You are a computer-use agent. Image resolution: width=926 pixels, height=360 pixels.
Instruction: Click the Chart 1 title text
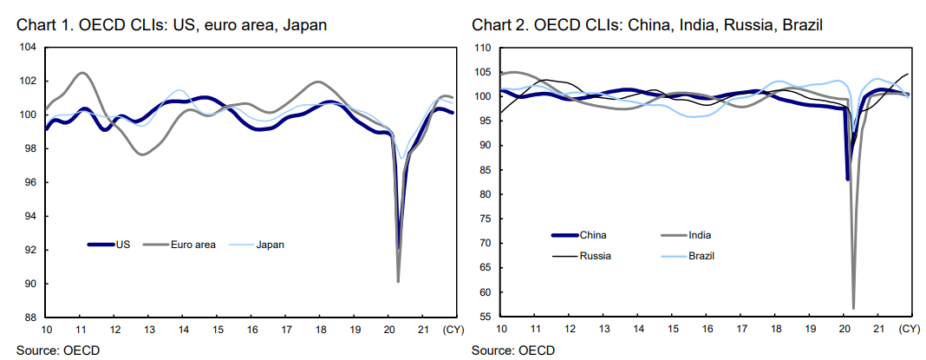point(172,24)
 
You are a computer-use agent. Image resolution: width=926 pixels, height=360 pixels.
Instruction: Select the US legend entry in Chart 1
point(122,245)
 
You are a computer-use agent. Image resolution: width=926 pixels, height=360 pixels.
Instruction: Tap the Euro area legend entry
point(192,245)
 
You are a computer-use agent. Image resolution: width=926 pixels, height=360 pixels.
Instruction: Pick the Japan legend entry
point(270,245)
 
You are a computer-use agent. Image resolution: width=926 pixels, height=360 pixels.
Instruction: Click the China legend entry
point(592,234)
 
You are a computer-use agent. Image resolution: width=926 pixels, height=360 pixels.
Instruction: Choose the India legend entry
point(700,234)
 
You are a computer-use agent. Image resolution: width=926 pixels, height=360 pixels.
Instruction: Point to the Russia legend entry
point(595,256)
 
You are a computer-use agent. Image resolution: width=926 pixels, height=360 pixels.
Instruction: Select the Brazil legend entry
point(701,256)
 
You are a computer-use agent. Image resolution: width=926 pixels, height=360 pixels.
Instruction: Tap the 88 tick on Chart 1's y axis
point(29,317)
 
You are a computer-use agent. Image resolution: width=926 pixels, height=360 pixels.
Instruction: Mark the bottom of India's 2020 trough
point(853,308)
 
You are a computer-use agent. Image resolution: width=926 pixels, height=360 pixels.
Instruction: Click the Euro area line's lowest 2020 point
point(398,281)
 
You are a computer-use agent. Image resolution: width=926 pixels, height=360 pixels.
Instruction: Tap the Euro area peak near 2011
point(82,73)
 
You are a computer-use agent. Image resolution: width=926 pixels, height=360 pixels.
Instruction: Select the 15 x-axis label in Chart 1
point(218,331)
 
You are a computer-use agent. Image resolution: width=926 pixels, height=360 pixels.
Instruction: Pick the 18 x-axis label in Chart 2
point(776,331)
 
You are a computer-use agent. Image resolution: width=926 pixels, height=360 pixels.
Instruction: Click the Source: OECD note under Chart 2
point(512,350)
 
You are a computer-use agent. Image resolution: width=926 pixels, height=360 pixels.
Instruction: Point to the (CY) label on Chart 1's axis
point(453,331)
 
